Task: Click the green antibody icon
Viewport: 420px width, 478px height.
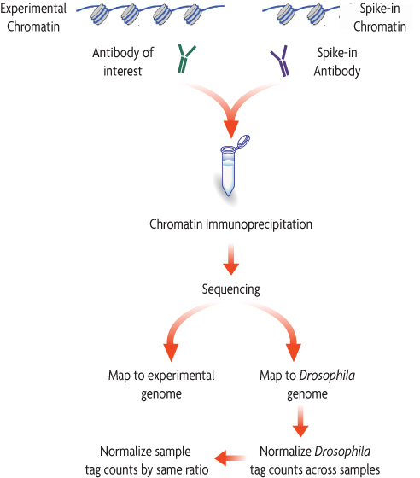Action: (x=185, y=61)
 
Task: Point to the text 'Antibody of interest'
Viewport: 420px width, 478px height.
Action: (x=123, y=61)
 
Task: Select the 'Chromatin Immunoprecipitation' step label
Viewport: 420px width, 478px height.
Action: (x=230, y=224)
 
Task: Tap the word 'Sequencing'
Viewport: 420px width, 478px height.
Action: (x=230, y=289)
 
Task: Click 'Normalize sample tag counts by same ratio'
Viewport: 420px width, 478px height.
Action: (x=145, y=459)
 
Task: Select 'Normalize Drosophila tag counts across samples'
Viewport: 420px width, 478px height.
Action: (x=314, y=459)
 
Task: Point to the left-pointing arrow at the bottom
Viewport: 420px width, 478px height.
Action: (x=225, y=459)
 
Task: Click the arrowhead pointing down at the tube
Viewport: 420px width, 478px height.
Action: (x=230, y=128)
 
